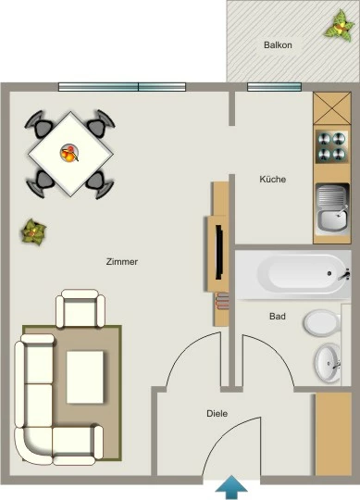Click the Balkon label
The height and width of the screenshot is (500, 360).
(x=278, y=45)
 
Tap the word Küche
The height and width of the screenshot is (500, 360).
(x=273, y=180)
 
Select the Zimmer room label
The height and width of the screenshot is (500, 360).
(x=122, y=262)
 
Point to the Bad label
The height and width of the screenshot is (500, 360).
(x=278, y=317)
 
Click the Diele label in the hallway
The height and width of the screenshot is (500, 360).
(x=217, y=414)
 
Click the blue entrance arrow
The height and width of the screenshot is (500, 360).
(x=231, y=487)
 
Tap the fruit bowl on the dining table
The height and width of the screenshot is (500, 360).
(x=69, y=153)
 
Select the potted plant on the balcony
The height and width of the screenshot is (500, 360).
(x=340, y=25)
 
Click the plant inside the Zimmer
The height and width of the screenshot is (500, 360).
(x=33, y=231)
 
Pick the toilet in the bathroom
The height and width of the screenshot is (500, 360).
(x=322, y=322)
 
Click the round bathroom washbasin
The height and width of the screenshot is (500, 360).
(x=329, y=363)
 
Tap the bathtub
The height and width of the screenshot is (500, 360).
(x=293, y=275)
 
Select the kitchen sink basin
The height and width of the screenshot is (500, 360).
(x=332, y=208)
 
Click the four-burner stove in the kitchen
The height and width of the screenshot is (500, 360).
(x=331, y=146)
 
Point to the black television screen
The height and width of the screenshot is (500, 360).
(x=219, y=252)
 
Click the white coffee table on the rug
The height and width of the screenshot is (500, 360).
(x=85, y=377)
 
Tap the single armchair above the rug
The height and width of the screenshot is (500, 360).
(x=81, y=308)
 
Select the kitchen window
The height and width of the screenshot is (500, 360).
(x=274, y=87)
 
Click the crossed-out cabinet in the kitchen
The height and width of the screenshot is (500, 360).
(x=332, y=108)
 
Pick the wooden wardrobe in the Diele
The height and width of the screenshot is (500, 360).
(x=333, y=434)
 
